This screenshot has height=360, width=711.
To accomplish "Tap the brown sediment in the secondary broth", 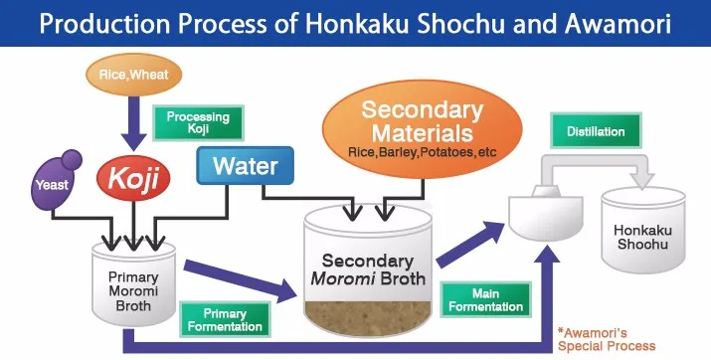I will coord(369,318).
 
